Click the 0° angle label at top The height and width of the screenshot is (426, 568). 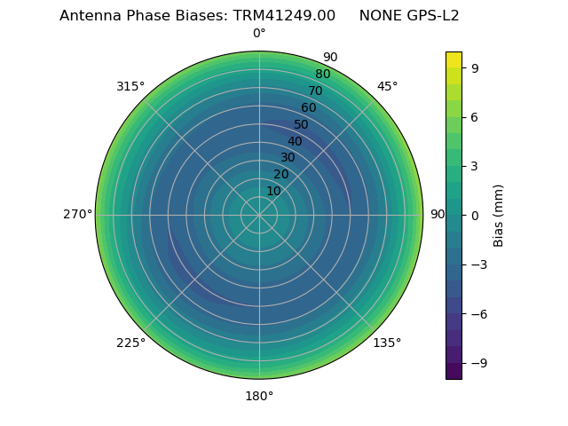click(259, 34)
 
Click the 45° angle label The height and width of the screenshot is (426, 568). click(387, 86)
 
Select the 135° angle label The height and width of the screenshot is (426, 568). click(387, 343)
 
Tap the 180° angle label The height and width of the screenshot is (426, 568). click(259, 396)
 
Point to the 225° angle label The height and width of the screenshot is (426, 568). click(130, 343)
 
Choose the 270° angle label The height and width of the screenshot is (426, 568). click(77, 215)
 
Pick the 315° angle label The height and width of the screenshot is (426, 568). click(130, 86)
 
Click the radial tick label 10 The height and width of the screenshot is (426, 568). click(273, 191)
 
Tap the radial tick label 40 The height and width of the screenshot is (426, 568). click(295, 141)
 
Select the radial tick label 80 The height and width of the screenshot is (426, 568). click(322, 75)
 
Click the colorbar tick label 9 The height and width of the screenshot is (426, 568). click(475, 67)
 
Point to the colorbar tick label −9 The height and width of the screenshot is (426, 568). click(478, 363)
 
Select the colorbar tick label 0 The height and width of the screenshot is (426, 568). click(475, 215)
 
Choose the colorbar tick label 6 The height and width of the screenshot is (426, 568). click(475, 116)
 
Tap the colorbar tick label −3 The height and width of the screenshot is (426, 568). click(478, 264)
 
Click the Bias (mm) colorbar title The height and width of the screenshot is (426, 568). click(499, 215)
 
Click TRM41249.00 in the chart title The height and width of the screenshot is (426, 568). click(284, 16)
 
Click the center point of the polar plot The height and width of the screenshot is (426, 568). click(259, 215)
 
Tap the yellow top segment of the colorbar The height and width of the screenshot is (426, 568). click(454, 59)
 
